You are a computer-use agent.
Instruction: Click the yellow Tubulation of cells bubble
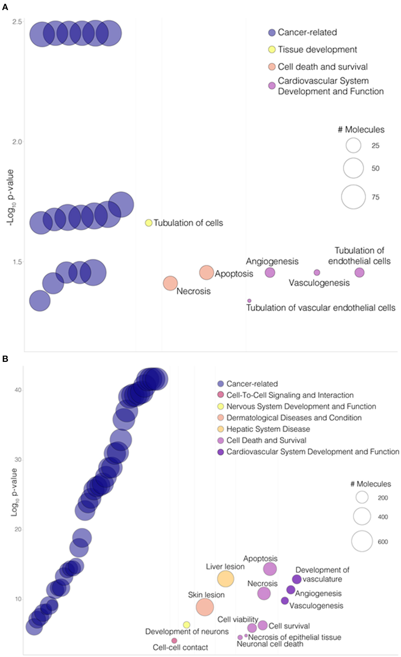[148, 223]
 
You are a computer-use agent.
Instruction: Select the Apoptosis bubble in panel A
[206, 273]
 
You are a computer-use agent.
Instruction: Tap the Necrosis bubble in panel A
[170, 283]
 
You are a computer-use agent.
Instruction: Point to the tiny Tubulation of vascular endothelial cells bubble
[249, 301]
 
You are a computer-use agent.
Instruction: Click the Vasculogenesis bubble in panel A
[317, 273]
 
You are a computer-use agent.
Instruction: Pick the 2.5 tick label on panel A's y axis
[17, 22]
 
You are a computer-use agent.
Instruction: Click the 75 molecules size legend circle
[353, 197]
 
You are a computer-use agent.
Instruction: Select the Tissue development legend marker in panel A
[272, 50]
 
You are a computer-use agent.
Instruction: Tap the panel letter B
[5, 359]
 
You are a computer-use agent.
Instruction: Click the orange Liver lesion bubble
[226, 579]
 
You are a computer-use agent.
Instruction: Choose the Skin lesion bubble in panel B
[205, 607]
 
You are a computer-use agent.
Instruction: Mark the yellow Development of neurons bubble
[187, 625]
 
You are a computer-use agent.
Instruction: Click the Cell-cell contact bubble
[174, 641]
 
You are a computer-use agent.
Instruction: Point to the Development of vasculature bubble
[296, 579]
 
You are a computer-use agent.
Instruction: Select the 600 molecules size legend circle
[362, 541]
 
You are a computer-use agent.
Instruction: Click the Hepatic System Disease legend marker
[220, 429]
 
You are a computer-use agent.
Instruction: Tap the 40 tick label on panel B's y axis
[17, 390]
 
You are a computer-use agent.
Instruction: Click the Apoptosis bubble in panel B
[270, 569]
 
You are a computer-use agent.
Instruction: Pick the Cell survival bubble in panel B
[263, 625]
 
